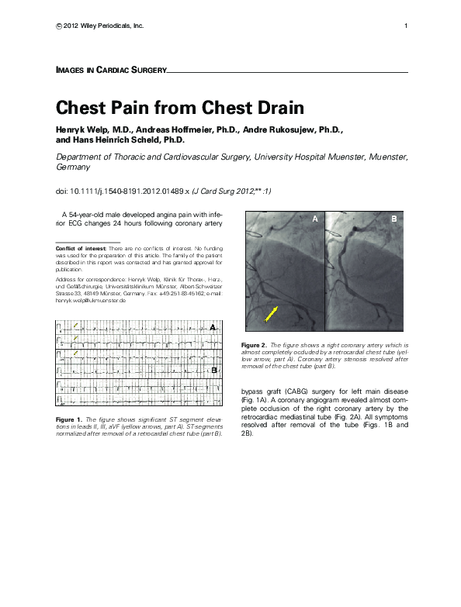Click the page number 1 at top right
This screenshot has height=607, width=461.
tap(406, 26)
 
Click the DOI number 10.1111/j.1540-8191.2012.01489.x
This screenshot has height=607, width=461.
tap(134, 191)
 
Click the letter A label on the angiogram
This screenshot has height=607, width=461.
tap(315, 220)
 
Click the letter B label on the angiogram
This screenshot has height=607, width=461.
tap(394, 220)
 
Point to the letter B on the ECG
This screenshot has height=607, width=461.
tap(213, 371)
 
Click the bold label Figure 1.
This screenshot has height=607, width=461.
tap(71, 419)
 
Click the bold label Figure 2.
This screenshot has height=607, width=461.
tap(255, 344)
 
